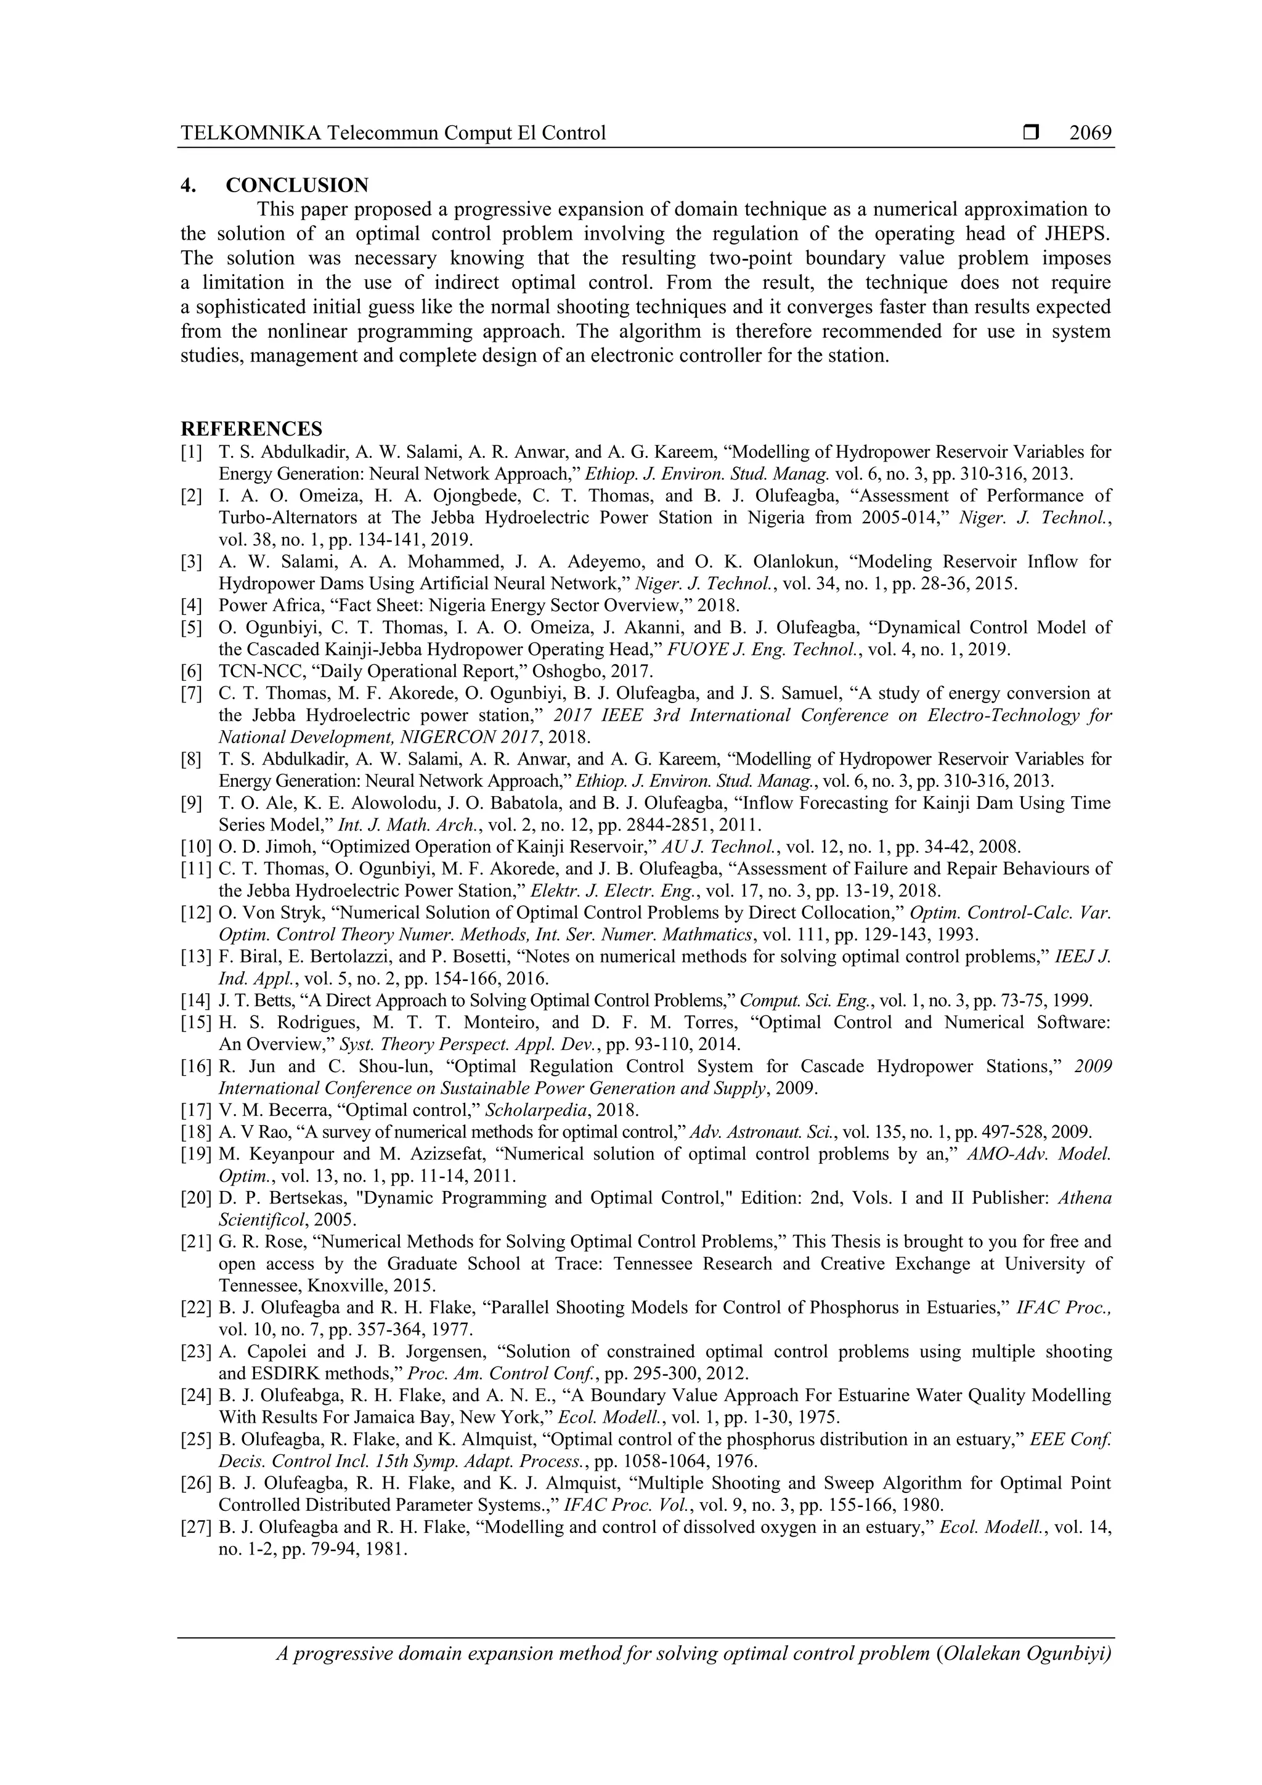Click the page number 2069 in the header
1090,134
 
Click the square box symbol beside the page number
1031,134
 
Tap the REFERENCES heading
251,428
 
